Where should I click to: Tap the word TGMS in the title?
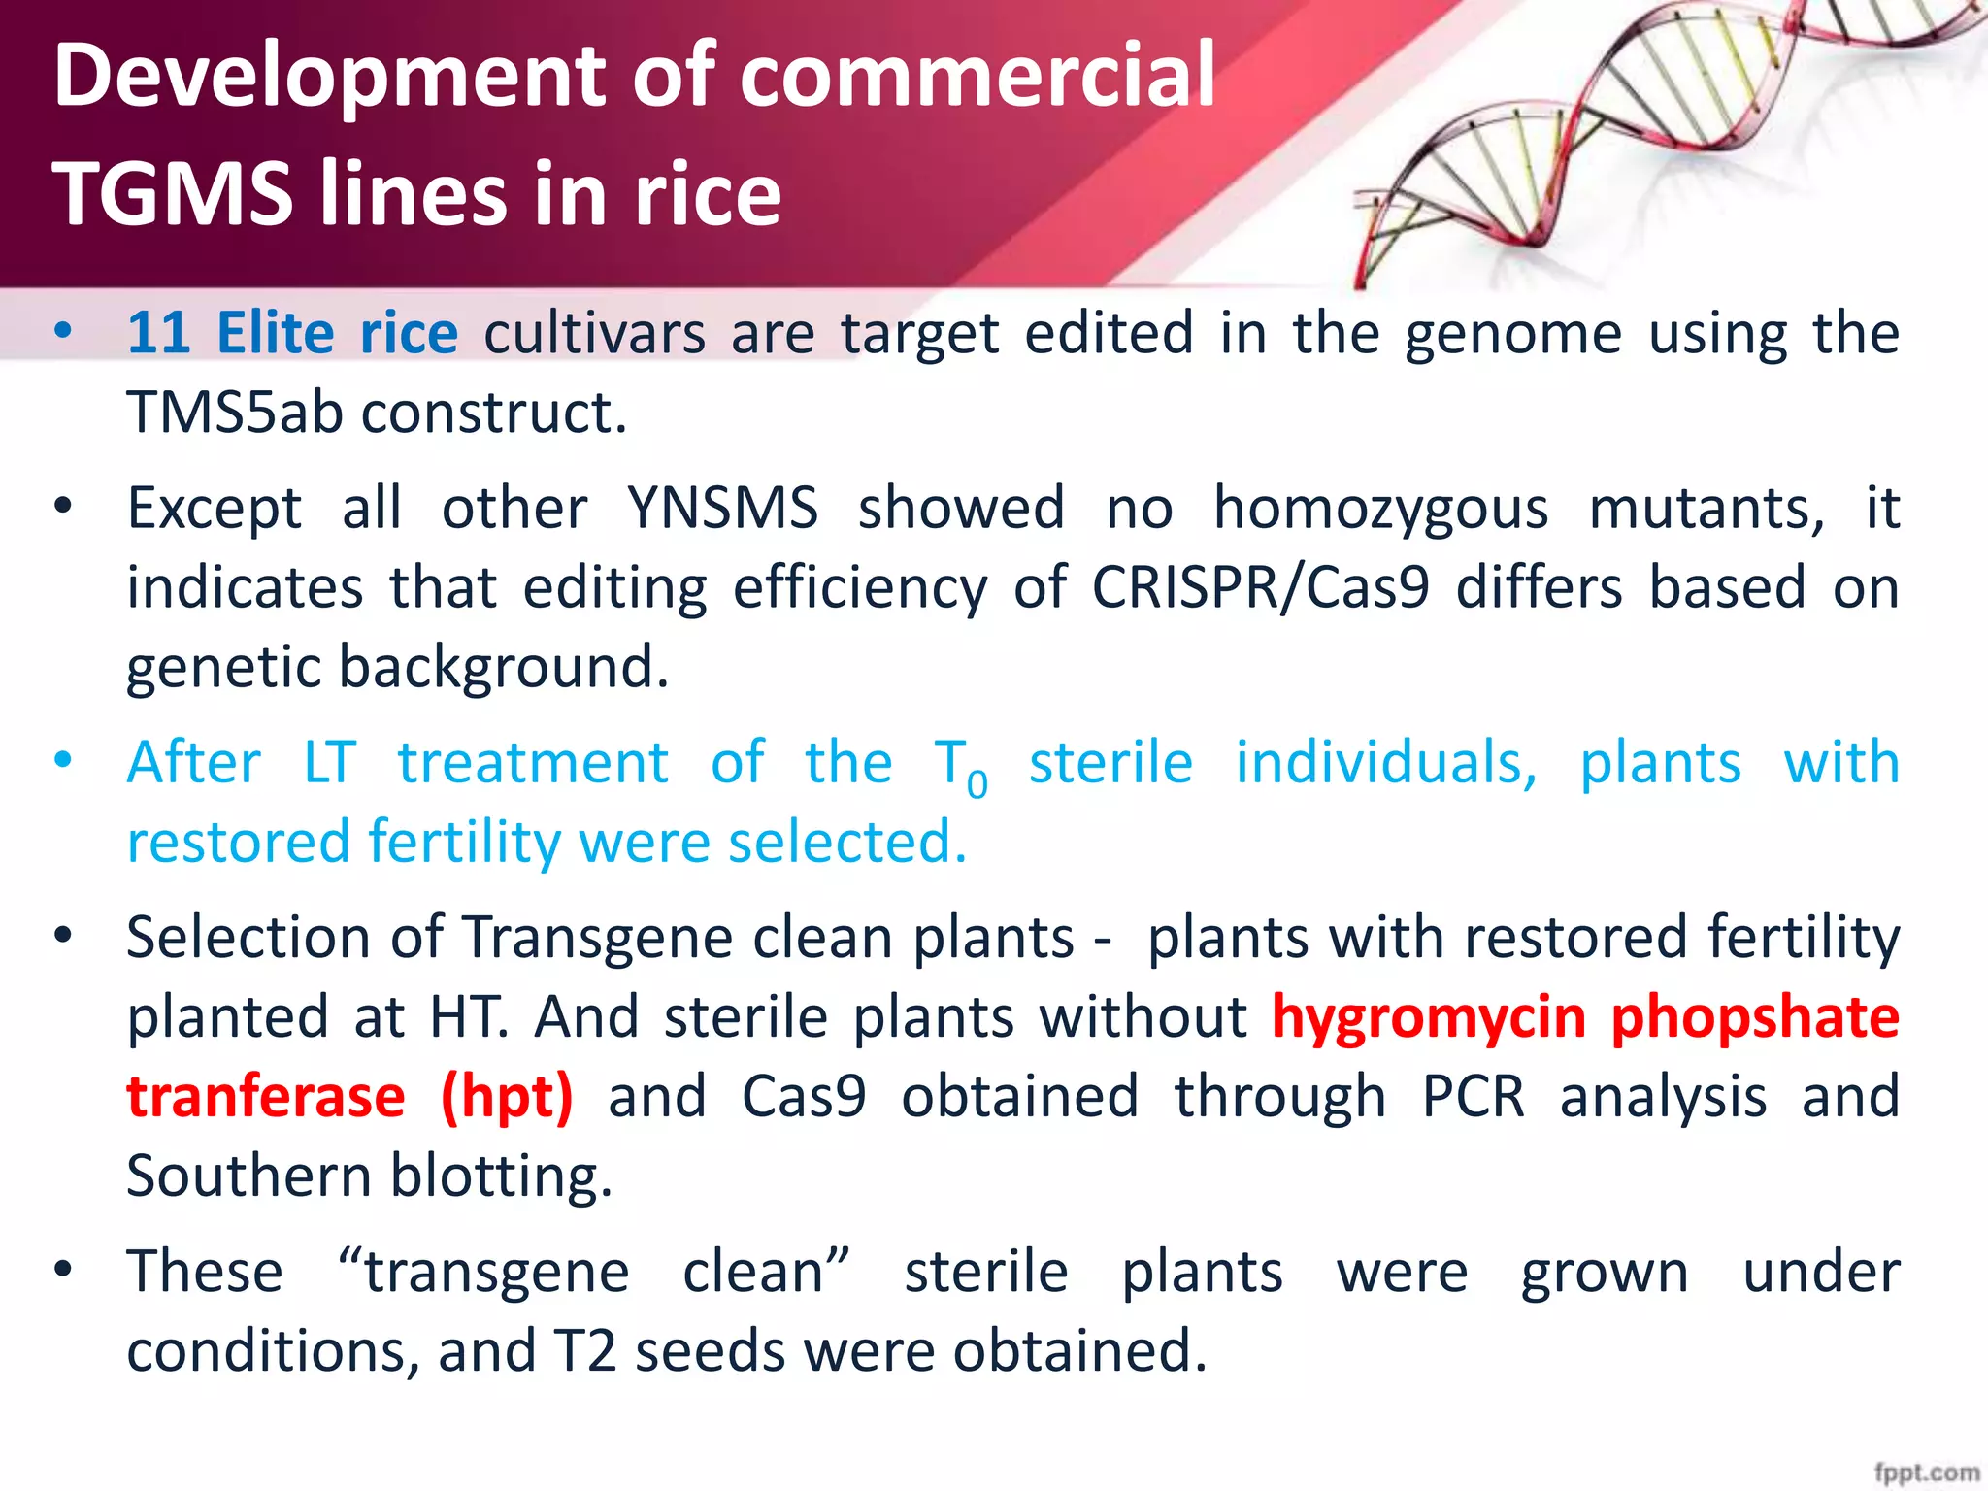(x=173, y=194)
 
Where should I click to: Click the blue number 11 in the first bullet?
(x=158, y=333)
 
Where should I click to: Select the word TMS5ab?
(x=235, y=413)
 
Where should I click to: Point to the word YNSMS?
(x=722, y=508)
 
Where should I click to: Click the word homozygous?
(x=1380, y=510)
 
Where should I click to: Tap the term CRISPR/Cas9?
(x=1260, y=588)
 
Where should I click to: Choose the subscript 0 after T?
(x=977, y=784)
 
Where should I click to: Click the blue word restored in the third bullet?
(x=237, y=842)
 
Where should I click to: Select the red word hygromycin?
(x=1428, y=1018)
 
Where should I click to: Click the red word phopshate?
(x=1755, y=1018)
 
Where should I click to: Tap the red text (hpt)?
(x=507, y=1098)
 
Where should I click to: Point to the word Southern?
(x=248, y=1176)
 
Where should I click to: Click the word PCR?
(x=1473, y=1098)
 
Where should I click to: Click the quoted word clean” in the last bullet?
(x=766, y=1273)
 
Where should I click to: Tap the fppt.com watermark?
(x=1926, y=1473)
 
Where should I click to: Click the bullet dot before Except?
(x=63, y=506)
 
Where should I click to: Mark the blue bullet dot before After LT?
(x=63, y=760)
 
